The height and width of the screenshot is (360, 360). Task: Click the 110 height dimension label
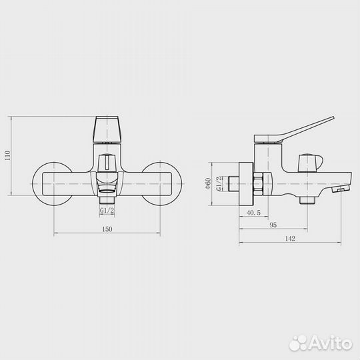7,155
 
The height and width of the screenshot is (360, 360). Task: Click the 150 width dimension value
107,229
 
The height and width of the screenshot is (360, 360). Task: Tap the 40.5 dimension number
254,213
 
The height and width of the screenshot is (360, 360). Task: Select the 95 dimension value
273,225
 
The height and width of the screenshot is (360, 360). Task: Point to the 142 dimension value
290,239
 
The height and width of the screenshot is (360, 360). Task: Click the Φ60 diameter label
208,183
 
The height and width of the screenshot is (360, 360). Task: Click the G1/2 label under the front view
107,210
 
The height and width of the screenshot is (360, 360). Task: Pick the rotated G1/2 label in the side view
219,184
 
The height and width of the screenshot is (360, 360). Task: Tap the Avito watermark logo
321,343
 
